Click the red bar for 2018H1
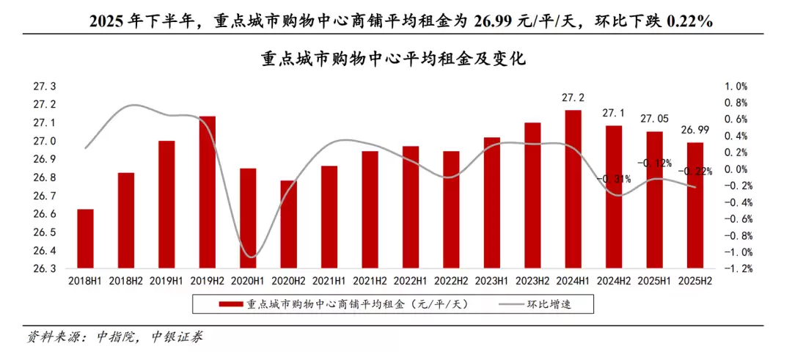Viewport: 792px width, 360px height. (x=85, y=238)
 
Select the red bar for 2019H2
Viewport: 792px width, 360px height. (x=208, y=192)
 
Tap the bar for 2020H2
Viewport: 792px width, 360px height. (x=289, y=224)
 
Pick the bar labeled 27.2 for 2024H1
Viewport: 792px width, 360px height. (x=573, y=189)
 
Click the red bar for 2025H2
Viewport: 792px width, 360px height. (x=694, y=205)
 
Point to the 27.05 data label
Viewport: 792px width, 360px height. (x=654, y=119)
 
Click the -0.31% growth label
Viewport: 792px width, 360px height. (x=614, y=179)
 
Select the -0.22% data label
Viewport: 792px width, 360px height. (x=695, y=172)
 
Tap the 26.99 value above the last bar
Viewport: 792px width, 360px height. (x=694, y=130)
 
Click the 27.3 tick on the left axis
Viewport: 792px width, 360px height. (x=45, y=87)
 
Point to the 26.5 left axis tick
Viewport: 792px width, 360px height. (x=45, y=232)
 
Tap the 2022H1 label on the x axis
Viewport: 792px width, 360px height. (x=410, y=280)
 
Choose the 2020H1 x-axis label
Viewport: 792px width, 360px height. (x=248, y=280)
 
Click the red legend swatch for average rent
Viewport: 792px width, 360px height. (x=231, y=304)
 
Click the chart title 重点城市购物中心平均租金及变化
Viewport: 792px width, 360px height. (x=395, y=59)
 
